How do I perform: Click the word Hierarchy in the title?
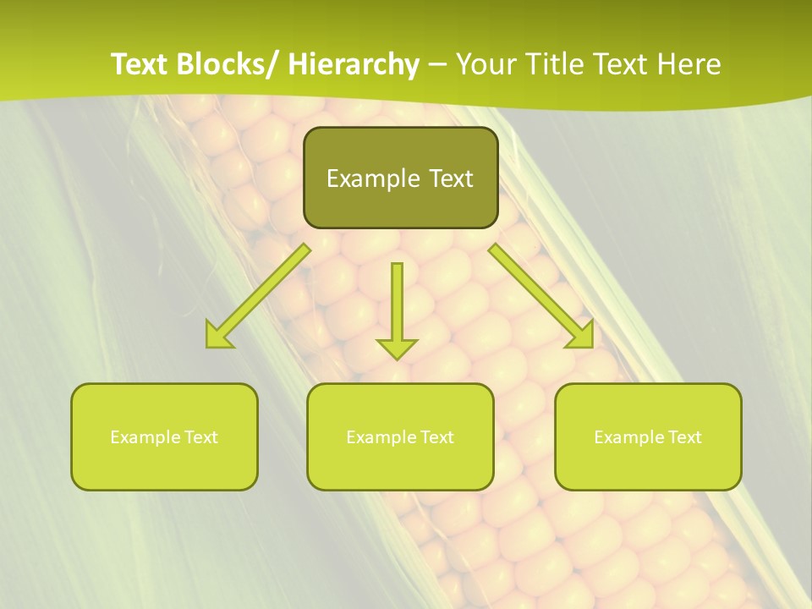354,64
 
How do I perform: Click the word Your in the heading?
486,64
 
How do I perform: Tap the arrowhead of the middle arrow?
397,347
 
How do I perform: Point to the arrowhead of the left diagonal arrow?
217,336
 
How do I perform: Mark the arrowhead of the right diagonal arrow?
581,336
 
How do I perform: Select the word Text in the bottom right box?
683,437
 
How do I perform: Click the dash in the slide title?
437,66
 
